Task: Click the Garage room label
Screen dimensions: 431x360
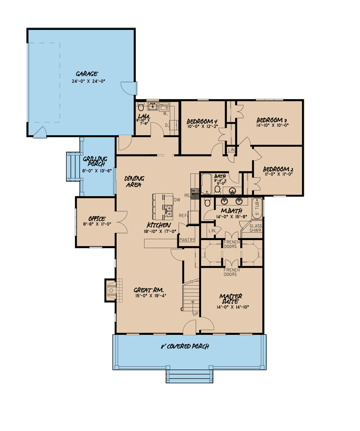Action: click(x=87, y=74)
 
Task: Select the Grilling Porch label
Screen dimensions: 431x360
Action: click(x=95, y=161)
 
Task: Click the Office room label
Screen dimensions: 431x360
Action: click(x=97, y=219)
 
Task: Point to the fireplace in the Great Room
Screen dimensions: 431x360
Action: click(x=111, y=290)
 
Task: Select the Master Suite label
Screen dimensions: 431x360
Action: click(x=231, y=299)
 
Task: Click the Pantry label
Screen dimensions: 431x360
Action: click(x=187, y=240)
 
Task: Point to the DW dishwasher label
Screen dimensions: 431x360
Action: click(x=177, y=200)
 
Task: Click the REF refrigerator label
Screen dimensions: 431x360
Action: click(x=183, y=215)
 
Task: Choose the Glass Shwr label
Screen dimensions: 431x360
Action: click(x=255, y=228)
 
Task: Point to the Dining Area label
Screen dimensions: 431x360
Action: click(x=134, y=181)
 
